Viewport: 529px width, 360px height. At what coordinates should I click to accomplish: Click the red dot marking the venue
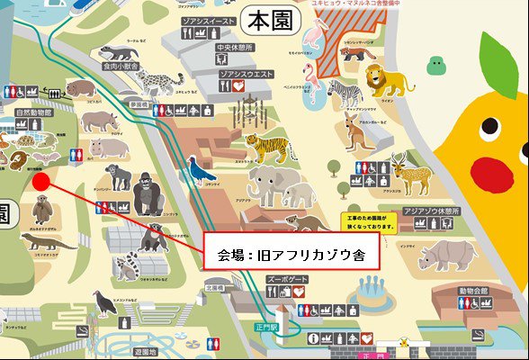40,180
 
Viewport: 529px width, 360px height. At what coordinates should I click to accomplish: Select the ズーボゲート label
288,280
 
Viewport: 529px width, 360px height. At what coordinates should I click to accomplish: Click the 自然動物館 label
35,113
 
